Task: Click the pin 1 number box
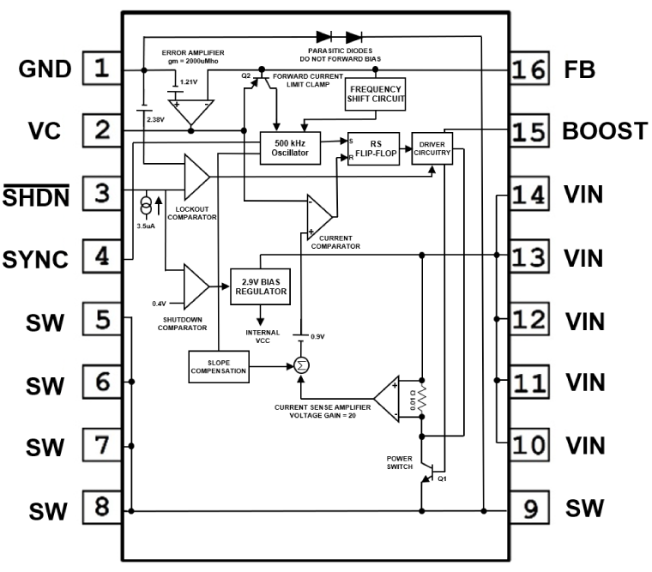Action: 102,67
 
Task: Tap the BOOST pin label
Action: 604,131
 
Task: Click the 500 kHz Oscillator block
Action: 289,147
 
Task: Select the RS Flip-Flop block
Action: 375,147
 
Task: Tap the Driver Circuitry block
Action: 432,149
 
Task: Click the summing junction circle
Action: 301,365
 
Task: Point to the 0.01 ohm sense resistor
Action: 421,400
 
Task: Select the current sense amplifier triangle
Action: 389,399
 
